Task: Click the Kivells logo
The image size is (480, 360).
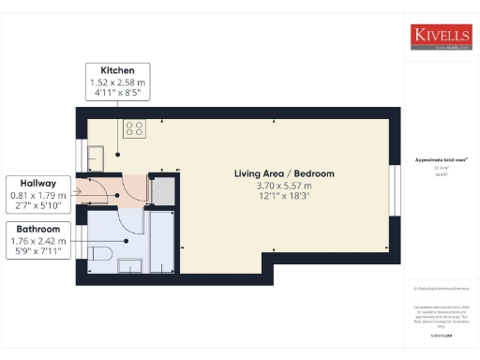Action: point(441,36)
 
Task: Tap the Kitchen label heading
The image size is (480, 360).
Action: point(119,70)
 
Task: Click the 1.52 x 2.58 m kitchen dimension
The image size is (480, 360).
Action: point(119,82)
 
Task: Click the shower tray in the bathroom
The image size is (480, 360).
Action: point(162,241)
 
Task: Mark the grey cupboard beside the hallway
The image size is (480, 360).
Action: point(162,189)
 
